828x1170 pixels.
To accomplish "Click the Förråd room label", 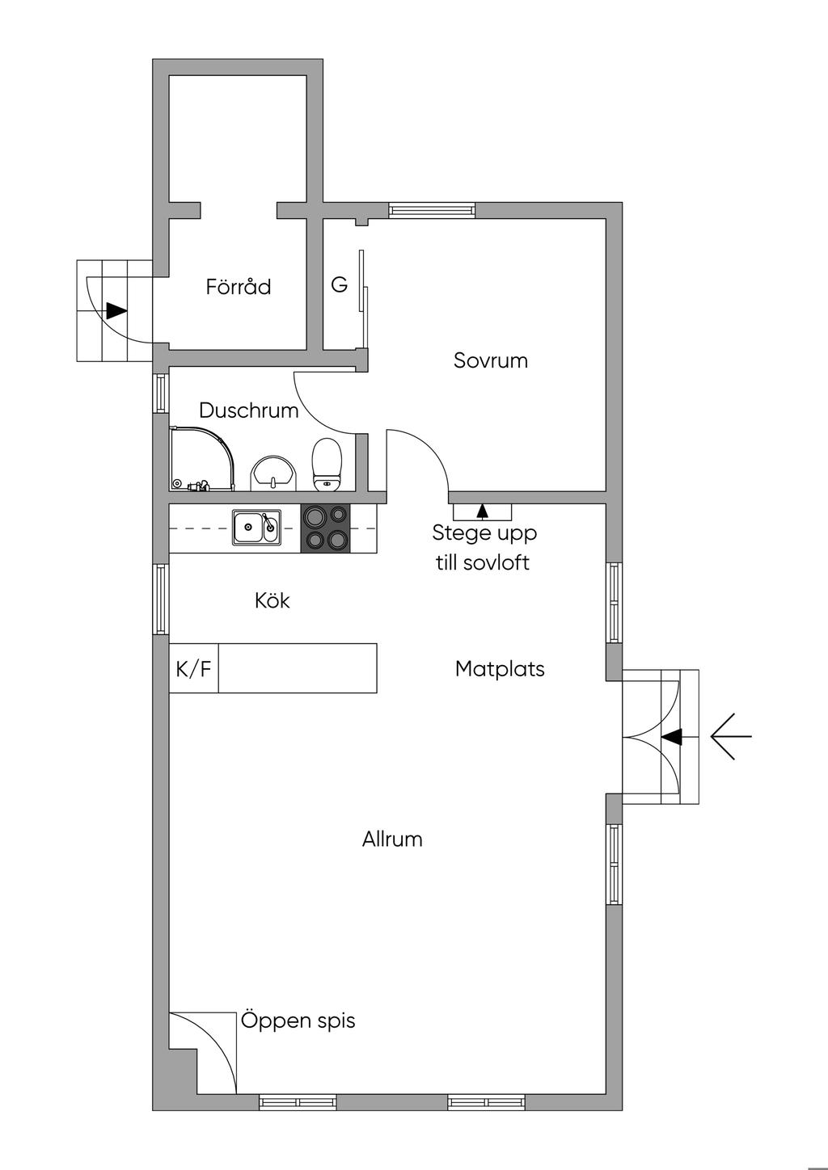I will pyautogui.click(x=238, y=287).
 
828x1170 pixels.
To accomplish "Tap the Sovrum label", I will pyautogui.click(x=490, y=360).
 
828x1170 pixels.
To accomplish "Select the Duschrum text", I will pyautogui.click(x=248, y=410).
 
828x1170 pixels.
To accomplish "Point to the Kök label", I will pyautogui.click(x=272, y=600).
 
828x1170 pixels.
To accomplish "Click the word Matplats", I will pyautogui.click(x=500, y=669).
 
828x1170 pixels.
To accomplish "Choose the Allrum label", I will pyautogui.click(x=392, y=840).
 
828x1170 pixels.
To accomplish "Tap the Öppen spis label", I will pyautogui.click(x=298, y=1021).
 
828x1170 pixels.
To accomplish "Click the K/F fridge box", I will pyautogui.click(x=193, y=668).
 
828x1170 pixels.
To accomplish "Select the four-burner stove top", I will pyautogui.click(x=326, y=528).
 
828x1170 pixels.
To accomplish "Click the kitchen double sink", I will pyautogui.click(x=257, y=528).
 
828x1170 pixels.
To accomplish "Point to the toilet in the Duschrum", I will pyautogui.click(x=327, y=465).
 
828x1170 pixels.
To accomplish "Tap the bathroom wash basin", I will pyautogui.click(x=273, y=472).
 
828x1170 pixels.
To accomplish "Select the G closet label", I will pyautogui.click(x=340, y=285).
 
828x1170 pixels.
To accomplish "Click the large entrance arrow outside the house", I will pyautogui.click(x=731, y=736).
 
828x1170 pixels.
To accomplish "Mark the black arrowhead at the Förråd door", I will pyautogui.click(x=116, y=310).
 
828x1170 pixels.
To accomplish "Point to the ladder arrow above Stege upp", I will pyautogui.click(x=483, y=511).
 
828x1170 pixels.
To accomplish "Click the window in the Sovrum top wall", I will pyautogui.click(x=431, y=210).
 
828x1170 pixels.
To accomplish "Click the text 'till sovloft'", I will pyautogui.click(x=483, y=563).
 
